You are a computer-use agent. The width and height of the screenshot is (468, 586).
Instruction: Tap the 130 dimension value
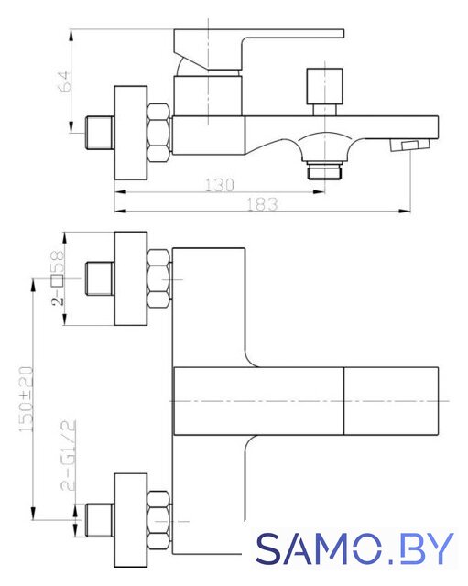[220, 185]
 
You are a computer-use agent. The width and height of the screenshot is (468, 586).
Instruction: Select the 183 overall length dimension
[263, 204]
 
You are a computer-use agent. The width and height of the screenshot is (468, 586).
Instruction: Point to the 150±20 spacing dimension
[27, 399]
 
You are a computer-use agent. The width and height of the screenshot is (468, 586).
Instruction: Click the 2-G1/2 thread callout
[68, 455]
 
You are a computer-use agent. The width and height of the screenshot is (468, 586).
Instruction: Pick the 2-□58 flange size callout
[58, 277]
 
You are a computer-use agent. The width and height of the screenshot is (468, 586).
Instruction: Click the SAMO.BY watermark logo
[354, 548]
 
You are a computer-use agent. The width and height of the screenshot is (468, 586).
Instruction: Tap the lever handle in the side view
[258, 49]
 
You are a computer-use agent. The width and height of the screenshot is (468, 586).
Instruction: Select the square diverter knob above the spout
[324, 86]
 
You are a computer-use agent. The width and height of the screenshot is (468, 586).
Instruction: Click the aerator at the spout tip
[409, 145]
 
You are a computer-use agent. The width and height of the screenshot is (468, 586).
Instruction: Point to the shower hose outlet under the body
[324, 170]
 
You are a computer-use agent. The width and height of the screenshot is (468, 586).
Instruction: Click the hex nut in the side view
[158, 134]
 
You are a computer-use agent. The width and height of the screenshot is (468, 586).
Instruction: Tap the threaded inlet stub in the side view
[100, 133]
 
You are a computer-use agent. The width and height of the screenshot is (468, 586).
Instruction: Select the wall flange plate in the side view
[130, 134]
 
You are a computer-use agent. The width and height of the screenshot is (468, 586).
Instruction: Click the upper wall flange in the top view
[130, 278]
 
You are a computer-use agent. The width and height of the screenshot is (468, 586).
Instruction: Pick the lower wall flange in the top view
[130, 519]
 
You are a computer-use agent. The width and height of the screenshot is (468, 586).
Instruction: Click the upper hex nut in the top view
[158, 278]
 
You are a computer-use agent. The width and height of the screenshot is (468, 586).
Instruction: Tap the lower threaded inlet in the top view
[100, 520]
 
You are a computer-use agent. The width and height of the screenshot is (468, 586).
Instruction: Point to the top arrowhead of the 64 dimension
[71, 35]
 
